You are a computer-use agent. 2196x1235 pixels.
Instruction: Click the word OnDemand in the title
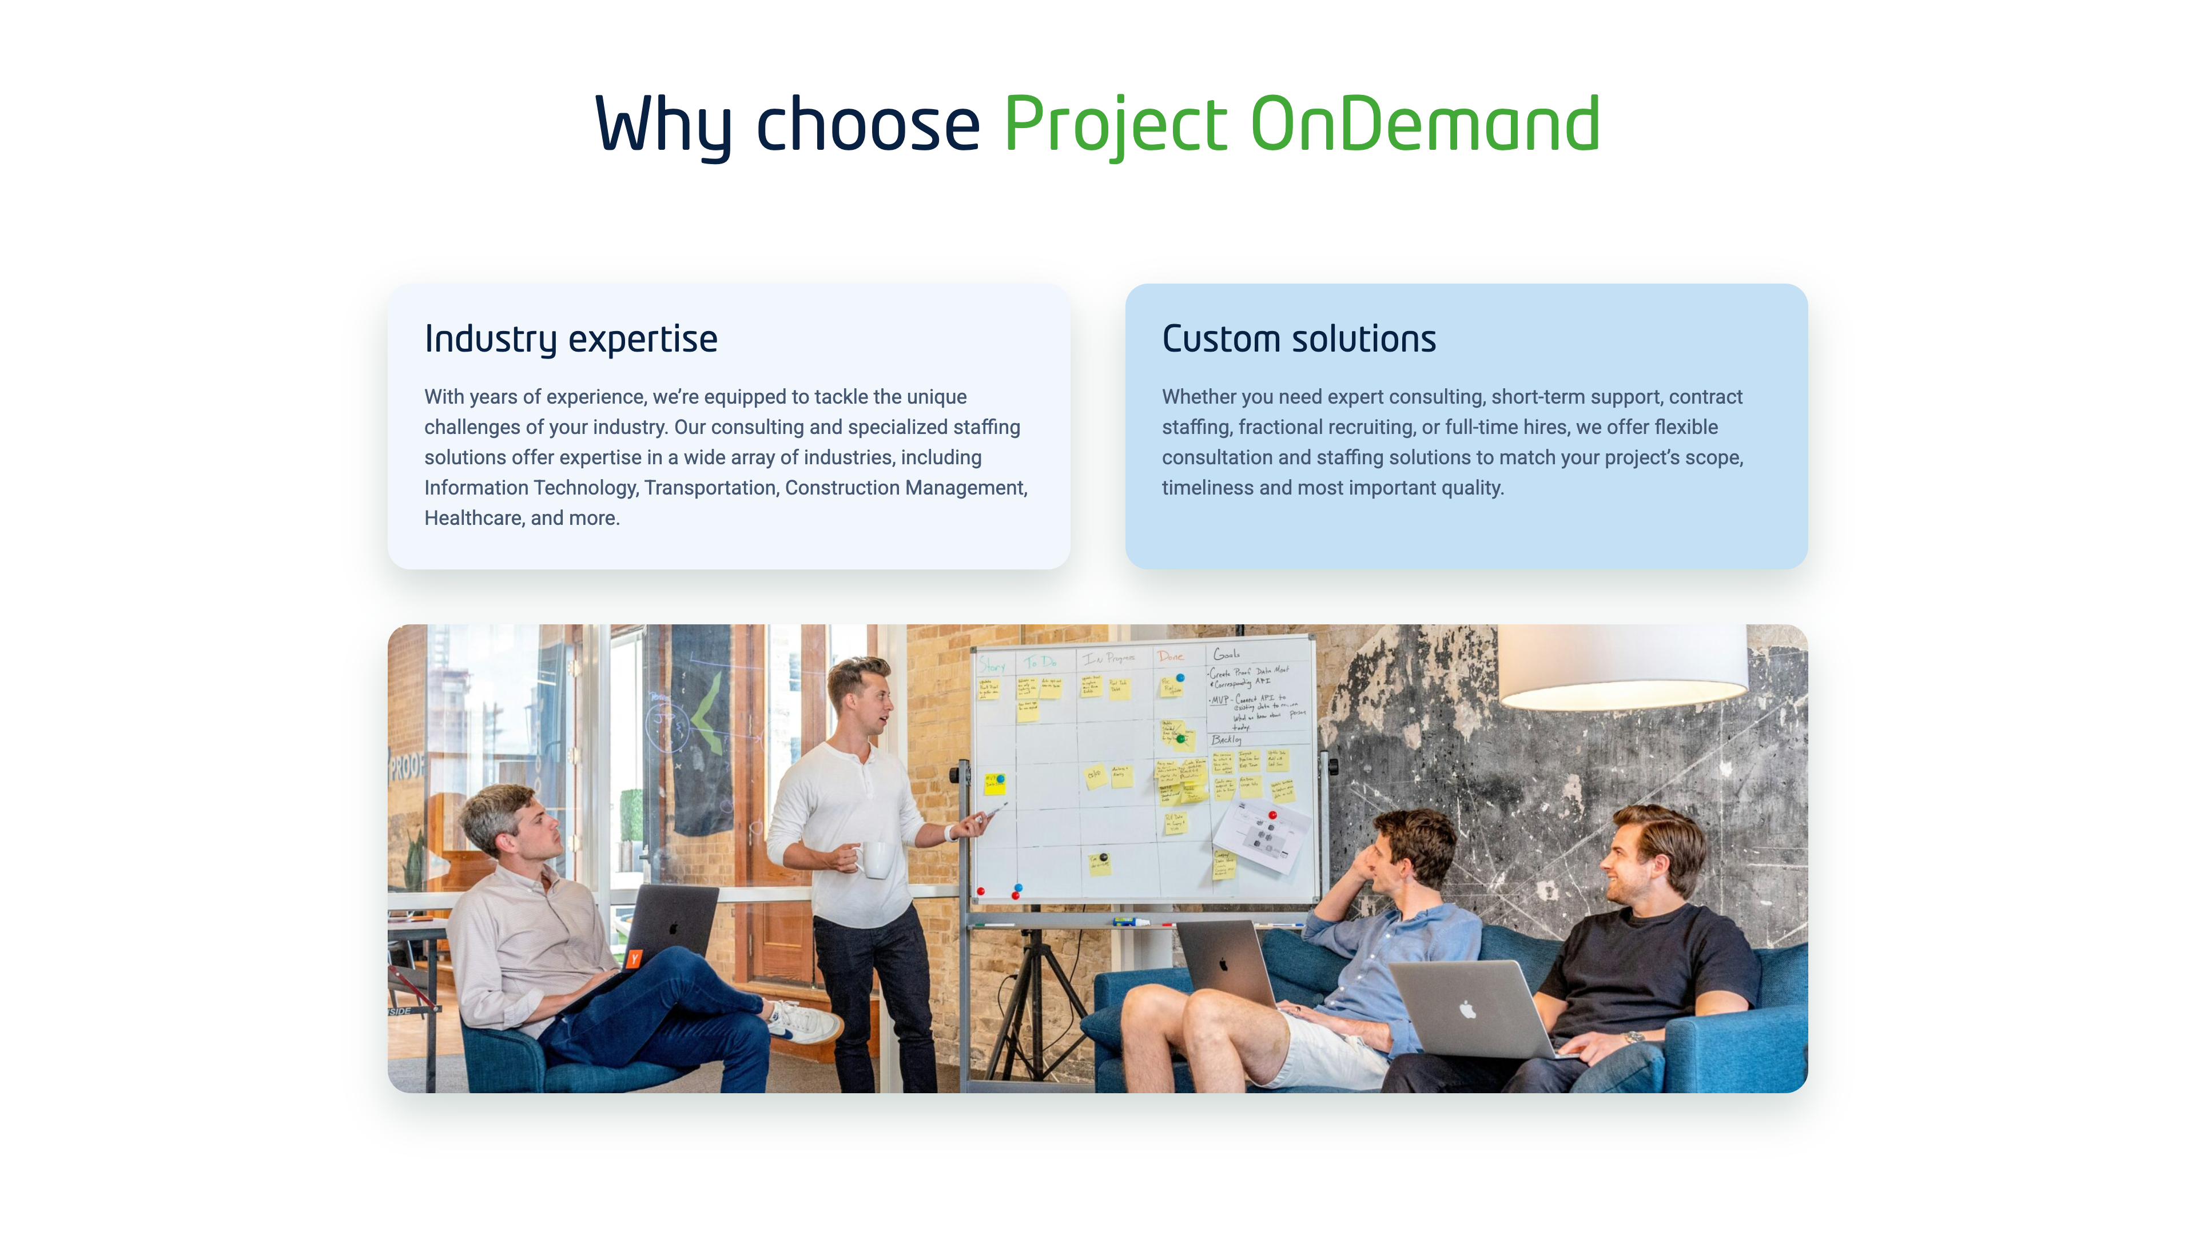point(1425,125)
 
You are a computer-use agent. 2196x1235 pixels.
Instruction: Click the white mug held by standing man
point(876,859)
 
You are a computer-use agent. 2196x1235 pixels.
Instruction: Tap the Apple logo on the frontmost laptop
point(1467,1010)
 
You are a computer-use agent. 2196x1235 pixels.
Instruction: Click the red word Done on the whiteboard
point(1171,656)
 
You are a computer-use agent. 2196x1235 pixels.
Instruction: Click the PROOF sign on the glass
point(406,766)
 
